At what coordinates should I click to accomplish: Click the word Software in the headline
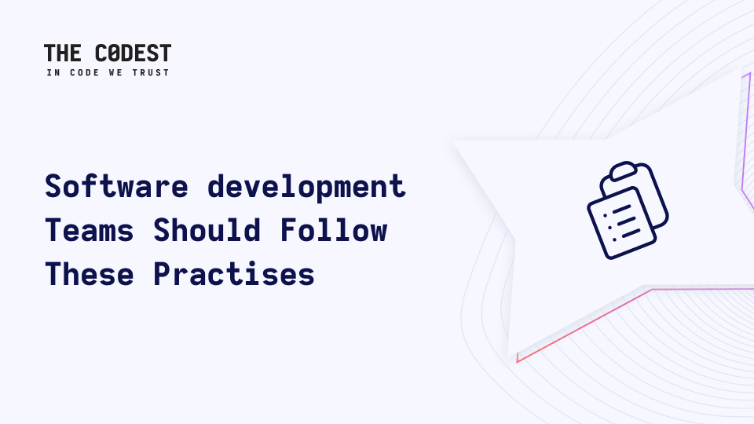point(117,186)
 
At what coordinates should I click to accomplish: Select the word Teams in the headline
point(90,230)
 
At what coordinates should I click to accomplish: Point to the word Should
point(207,230)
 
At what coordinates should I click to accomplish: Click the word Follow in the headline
point(334,230)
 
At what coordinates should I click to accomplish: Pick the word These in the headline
point(90,274)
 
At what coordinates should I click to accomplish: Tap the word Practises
point(234,274)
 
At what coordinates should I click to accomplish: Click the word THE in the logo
point(63,53)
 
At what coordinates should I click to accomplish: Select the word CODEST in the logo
point(134,53)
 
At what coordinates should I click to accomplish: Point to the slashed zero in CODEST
point(114,53)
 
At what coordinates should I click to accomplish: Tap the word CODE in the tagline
point(85,72)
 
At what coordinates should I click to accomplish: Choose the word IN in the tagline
point(53,72)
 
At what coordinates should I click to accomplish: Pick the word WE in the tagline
point(115,72)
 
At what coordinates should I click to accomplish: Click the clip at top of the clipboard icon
point(624,172)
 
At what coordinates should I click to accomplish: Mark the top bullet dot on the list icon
point(605,215)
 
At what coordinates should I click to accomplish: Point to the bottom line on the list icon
point(631,234)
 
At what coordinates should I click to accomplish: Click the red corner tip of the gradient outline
point(518,361)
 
